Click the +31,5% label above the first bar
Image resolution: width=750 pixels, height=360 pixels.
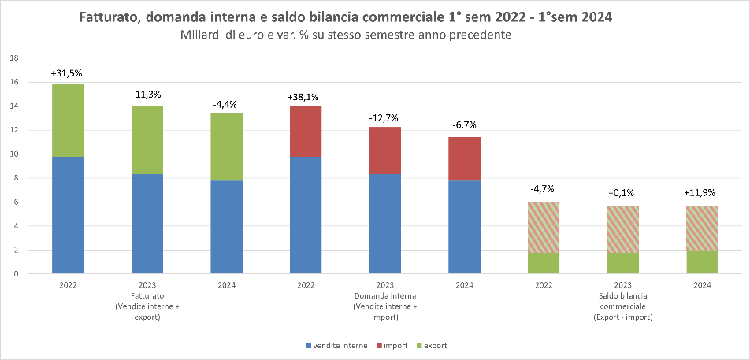tap(66, 73)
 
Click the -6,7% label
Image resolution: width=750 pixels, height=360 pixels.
tap(465, 125)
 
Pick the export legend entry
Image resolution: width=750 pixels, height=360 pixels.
tap(433, 346)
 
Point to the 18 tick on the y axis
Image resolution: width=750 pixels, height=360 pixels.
tap(13, 58)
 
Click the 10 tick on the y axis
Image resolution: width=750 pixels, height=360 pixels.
tap(13, 154)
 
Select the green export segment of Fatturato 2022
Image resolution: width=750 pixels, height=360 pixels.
tap(68, 120)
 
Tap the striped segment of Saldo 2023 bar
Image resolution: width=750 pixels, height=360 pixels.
tap(623, 229)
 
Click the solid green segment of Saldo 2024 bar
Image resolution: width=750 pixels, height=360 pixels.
tap(702, 262)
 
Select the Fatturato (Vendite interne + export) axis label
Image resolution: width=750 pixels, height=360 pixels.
tap(147, 301)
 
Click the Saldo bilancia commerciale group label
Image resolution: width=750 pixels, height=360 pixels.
tap(622, 301)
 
